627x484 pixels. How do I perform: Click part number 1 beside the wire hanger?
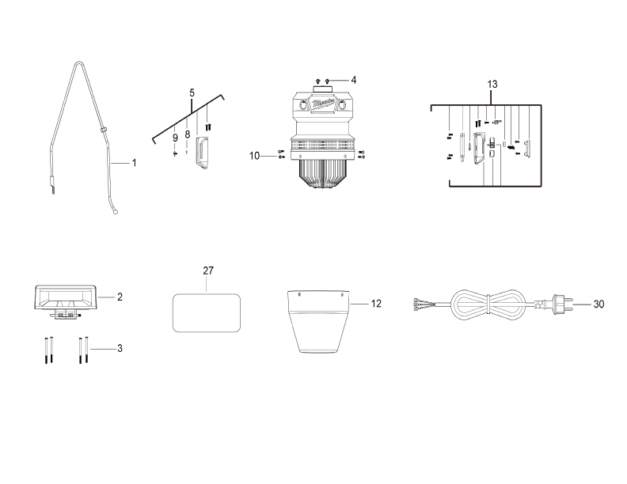click(x=134, y=163)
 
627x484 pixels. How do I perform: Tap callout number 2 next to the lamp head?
click(x=120, y=297)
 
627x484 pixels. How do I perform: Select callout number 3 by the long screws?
click(x=120, y=348)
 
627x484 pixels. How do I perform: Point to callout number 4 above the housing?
click(x=354, y=80)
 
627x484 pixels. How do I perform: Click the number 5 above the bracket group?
click(x=192, y=93)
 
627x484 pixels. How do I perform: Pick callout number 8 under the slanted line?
click(x=188, y=134)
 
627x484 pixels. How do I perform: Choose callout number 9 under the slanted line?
click(x=175, y=138)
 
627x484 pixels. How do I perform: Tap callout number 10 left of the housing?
click(x=254, y=156)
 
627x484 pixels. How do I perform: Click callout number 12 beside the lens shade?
click(x=376, y=303)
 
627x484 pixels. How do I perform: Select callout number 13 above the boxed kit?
click(x=492, y=84)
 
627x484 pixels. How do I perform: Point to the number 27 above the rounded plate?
click(x=208, y=270)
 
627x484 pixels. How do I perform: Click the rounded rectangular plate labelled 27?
click(x=207, y=312)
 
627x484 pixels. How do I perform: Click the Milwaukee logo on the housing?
click(x=324, y=103)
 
